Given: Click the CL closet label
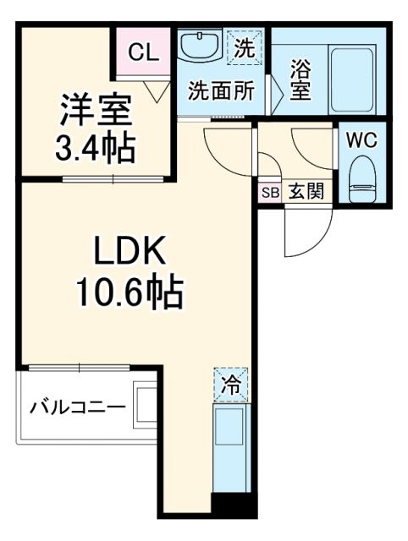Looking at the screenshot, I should (144, 52).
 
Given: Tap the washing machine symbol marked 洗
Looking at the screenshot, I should (245, 47).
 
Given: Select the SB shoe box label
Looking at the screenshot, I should (269, 192).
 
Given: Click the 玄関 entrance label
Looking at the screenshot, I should (306, 192).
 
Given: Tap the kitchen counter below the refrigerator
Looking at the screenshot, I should (230, 447).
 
